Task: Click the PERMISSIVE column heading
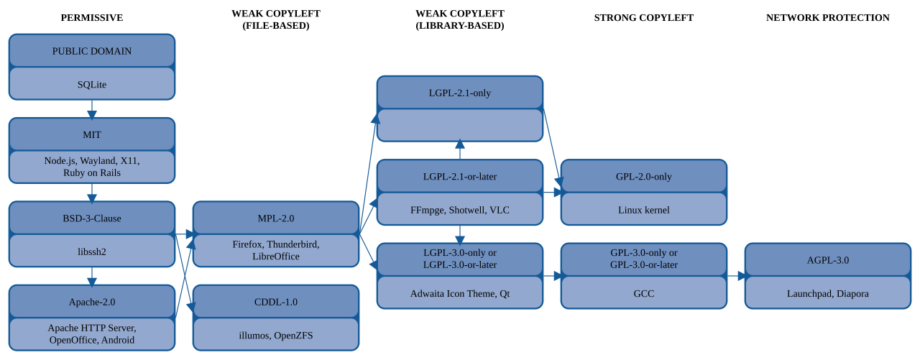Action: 91,18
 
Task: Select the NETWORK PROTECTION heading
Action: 827,18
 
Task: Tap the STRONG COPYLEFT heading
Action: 643,18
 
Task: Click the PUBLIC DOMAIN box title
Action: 91,51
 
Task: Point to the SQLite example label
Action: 91,85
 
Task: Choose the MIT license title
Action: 91,134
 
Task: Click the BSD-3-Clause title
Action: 91,218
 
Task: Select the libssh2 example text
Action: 91,251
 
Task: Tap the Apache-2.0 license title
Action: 91,302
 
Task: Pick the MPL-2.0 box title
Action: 275,218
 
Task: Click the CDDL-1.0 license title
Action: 275,302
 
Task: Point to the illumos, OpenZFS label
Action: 275,336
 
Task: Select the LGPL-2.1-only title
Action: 459,93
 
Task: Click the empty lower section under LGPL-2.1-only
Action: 459,125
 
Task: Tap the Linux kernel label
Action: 643,210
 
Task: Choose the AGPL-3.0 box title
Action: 827,260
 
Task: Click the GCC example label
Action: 643,293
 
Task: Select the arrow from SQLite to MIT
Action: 91,109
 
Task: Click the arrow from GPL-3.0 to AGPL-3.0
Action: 737,276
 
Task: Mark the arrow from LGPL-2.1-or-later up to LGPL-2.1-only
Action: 459,149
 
